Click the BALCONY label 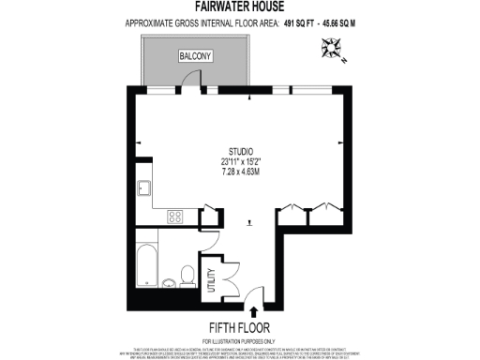[197, 57]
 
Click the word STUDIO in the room [240, 151]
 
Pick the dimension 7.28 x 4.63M [240, 172]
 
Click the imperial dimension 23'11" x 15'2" [240, 161]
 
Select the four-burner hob [174, 217]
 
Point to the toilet [187, 276]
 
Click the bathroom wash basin [167, 282]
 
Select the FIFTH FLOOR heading [240, 327]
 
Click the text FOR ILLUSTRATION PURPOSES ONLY [240, 338]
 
